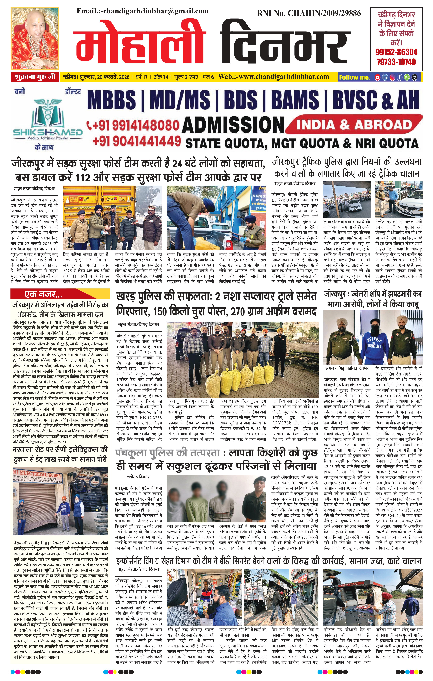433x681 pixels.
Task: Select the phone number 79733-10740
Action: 396,62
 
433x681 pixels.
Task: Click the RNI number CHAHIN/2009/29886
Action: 309,13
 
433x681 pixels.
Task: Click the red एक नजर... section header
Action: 42,295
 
